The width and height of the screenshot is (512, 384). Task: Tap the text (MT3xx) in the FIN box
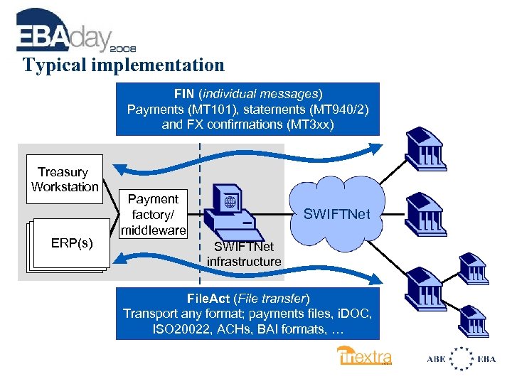tap(309, 123)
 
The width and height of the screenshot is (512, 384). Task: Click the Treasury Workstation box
tap(64, 179)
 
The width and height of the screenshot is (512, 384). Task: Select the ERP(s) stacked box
tap(70, 244)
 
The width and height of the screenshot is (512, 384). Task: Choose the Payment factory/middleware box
tap(153, 214)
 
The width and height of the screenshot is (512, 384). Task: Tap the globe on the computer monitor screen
tap(230, 201)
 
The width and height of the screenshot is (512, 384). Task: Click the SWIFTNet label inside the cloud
tap(336, 213)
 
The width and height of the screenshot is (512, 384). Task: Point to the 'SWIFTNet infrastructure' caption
tap(244, 254)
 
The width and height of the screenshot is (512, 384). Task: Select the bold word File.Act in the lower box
tap(209, 298)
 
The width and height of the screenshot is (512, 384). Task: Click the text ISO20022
tap(178, 329)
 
